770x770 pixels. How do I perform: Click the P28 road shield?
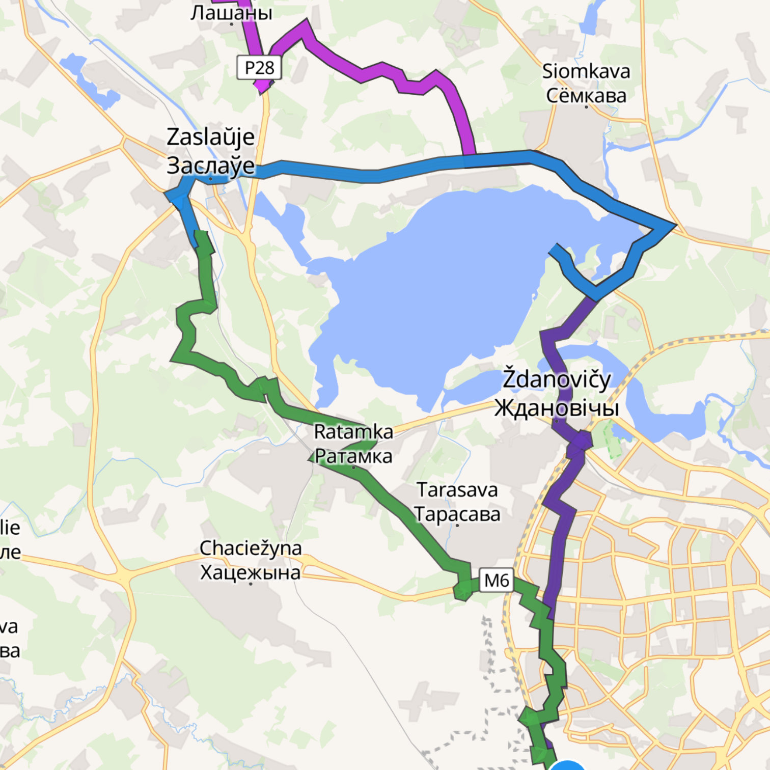[259, 68]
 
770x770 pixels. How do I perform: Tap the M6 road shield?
[497, 580]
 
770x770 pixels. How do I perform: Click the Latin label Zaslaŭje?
[210, 137]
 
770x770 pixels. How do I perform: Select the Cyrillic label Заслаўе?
[210, 166]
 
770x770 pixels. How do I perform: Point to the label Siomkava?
[586, 71]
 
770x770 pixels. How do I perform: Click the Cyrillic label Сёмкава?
[586, 95]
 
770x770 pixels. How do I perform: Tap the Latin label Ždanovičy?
[557, 379]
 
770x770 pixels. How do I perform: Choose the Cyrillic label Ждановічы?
[557, 407]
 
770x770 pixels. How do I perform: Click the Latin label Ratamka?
[353, 432]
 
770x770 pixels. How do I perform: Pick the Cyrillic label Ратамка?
[353, 456]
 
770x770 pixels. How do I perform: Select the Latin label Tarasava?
[457, 490]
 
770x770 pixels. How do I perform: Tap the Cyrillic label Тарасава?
[457, 514]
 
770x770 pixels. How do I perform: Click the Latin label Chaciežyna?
[251, 548]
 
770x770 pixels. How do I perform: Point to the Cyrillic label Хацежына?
[251, 572]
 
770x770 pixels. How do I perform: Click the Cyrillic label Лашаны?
[231, 13]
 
